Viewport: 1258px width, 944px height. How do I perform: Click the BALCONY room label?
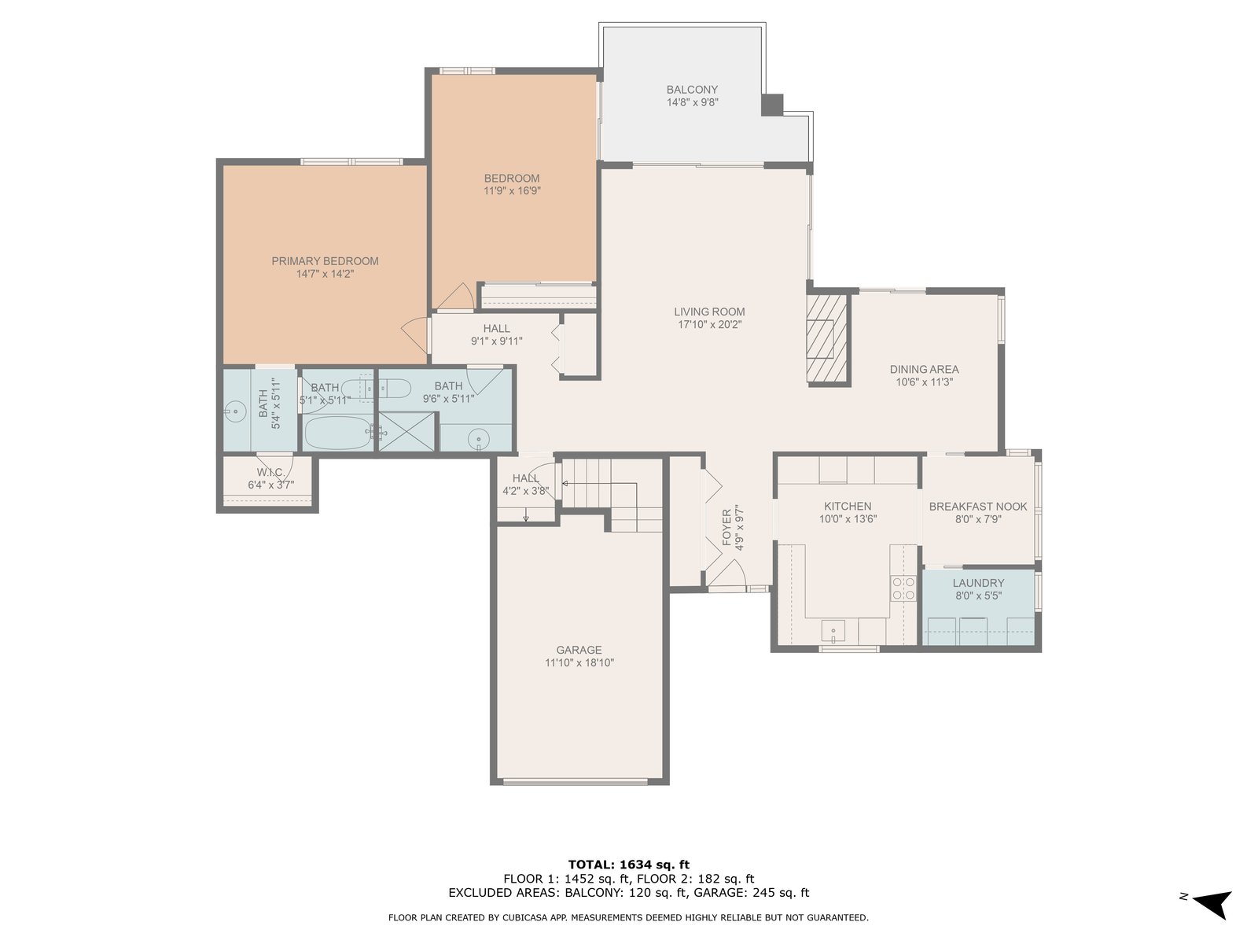(692, 90)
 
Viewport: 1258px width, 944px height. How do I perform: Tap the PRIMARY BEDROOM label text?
(325, 261)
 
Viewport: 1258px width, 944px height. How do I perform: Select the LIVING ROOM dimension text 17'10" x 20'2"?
(709, 324)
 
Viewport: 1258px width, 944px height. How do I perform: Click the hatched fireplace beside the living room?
(827, 337)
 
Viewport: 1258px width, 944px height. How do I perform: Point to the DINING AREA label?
(924, 369)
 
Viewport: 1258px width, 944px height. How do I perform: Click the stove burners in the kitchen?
(903, 588)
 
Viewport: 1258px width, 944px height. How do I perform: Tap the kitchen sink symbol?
(833, 630)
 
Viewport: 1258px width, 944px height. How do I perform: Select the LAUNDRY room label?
(978, 582)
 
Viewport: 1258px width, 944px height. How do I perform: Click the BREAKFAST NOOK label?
(978, 506)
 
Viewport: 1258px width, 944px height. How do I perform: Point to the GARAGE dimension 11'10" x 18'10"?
(579, 662)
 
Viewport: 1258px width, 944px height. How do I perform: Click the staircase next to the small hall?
(612, 495)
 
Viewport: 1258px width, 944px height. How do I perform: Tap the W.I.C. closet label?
(270, 472)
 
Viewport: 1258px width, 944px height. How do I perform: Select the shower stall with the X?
(407, 432)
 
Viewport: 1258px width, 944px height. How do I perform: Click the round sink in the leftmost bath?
(234, 411)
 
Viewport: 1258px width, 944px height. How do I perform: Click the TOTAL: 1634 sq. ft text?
(629, 865)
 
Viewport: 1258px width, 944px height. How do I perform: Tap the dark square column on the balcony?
(772, 105)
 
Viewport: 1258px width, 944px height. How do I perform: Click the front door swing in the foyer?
(726, 573)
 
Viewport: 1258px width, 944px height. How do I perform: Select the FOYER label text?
(726, 527)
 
